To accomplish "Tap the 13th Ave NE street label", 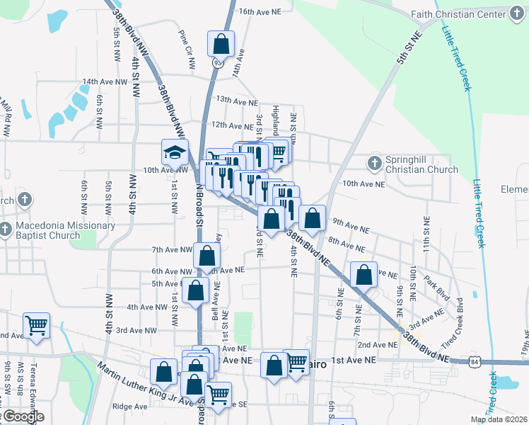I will tap(237, 101).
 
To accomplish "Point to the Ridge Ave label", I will tap(129, 407).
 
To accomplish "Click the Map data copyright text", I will tap(499, 419).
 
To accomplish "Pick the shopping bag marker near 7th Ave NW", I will tap(207, 256).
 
